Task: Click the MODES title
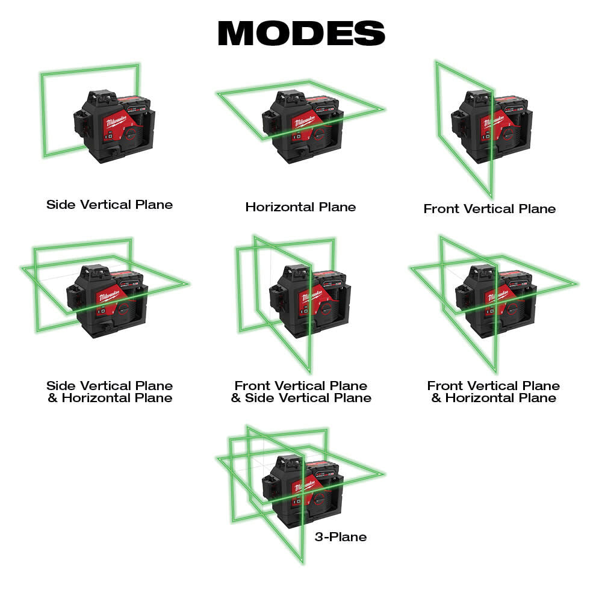[301, 34]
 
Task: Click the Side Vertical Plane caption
[110, 205]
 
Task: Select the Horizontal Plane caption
[300, 207]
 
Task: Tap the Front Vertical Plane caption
[489, 209]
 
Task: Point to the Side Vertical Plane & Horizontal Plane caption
[110, 391]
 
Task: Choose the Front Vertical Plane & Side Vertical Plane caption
[301, 391]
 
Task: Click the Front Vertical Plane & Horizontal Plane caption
[494, 391]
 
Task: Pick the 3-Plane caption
[340, 536]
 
